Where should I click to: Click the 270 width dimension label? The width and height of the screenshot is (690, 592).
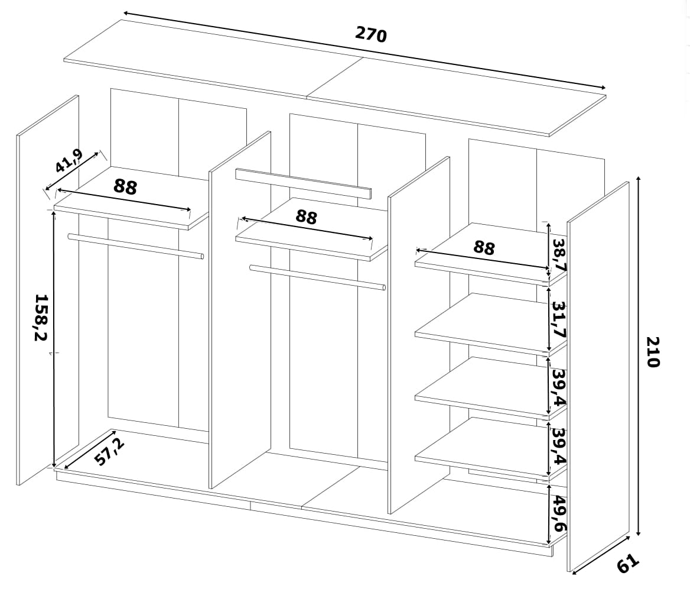(x=371, y=34)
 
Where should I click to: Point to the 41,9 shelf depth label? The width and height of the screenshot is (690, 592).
(x=69, y=161)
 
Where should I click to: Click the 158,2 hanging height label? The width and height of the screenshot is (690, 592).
(x=41, y=317)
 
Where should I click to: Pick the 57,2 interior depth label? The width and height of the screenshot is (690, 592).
(x=109, y=452)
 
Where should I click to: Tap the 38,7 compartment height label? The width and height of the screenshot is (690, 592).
(x=559, y=255)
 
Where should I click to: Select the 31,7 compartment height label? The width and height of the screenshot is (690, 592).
(x=559, y=319)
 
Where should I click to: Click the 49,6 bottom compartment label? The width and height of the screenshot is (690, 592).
(x=559, y=513)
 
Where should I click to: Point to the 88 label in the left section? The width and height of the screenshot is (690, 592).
(x=125, y=187)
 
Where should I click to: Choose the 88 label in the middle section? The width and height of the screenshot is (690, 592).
(x=306, y=216)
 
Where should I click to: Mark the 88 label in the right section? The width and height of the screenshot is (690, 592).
(x=484, y=248)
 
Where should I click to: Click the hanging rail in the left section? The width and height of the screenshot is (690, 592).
(x=135, y=246)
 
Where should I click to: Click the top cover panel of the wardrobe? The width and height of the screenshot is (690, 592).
(x=335, y=77)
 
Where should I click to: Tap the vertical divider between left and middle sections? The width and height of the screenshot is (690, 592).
(x=240, y=310)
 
